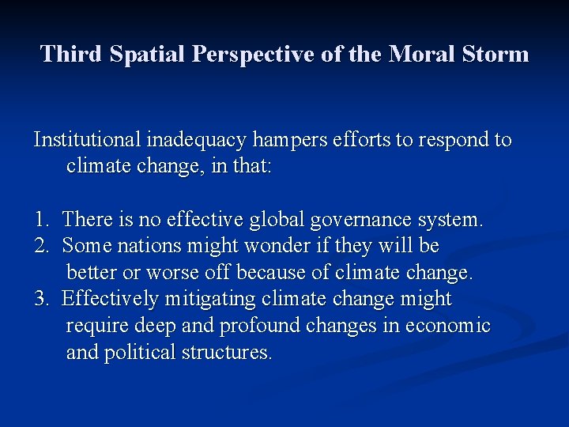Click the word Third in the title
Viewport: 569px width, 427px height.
point(72,54)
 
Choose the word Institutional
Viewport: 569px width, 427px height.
point(88,141)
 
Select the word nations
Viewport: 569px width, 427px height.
point(147,246)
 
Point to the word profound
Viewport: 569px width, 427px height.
point(258,326)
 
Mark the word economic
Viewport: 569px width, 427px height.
point(447,326)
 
